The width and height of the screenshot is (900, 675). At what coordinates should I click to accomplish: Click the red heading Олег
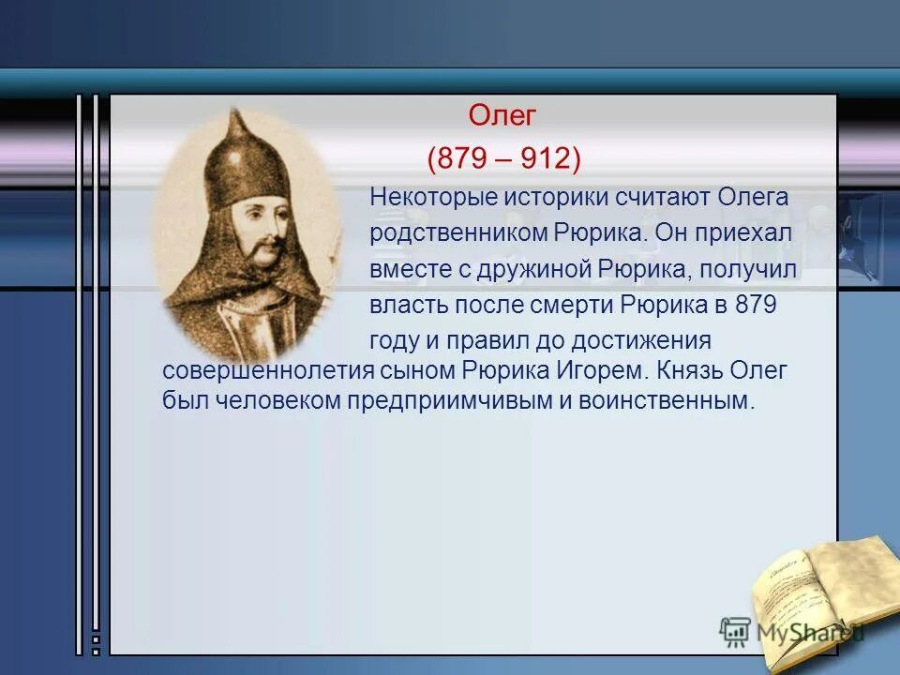[x=502, y=117]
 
